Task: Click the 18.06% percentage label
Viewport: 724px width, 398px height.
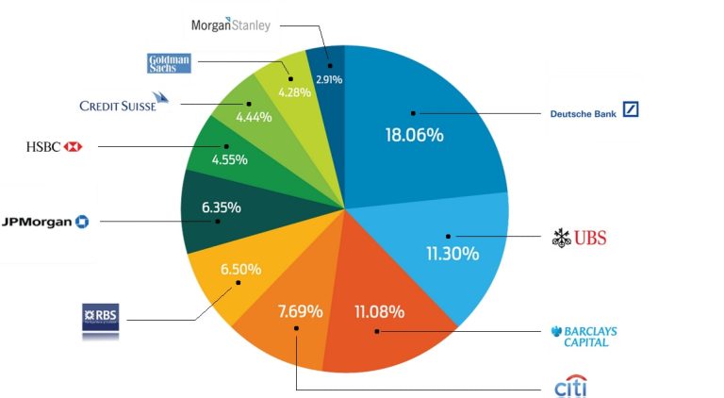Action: click(414, 135)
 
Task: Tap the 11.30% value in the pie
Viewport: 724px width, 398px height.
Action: click(452, 254)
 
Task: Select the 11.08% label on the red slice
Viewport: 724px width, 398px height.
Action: click(380, 310)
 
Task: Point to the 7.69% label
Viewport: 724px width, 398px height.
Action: click(300, 310)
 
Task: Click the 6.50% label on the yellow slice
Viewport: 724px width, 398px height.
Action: click(242, 268)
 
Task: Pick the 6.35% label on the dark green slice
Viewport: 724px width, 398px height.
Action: click(222, 207)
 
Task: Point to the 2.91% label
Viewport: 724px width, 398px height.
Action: click(328, 80)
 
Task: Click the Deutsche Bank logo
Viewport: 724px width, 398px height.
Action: click(594, 111)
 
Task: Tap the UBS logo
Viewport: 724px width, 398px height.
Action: click(579, 238)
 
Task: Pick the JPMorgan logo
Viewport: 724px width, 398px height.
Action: click(46, 221)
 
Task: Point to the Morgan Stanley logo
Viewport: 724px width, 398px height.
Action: click(231, 25)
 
